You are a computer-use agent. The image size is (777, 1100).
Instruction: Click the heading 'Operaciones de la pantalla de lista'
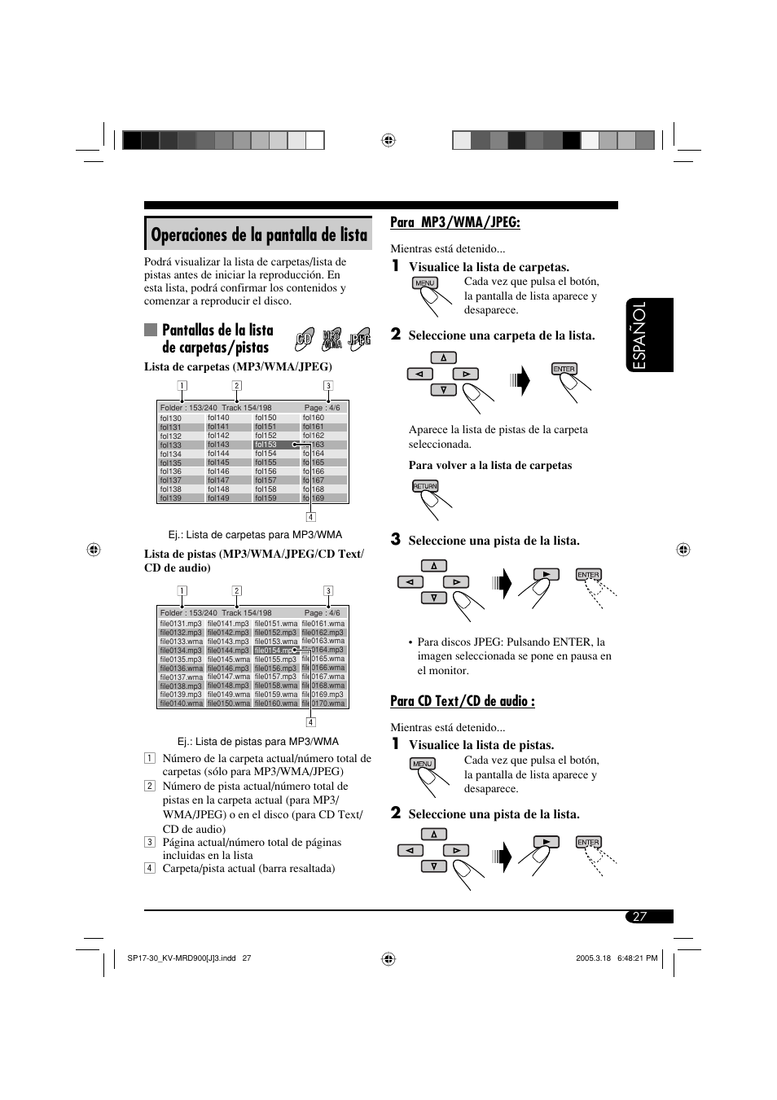tap(259, 235)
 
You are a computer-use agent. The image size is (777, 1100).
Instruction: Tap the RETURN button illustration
tap(425, 486)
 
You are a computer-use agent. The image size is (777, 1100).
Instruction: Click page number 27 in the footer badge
tap(639, 917)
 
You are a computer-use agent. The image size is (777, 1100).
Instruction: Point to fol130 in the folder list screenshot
tap(171, 419)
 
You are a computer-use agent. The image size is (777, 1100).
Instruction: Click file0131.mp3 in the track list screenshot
tap(181, 624)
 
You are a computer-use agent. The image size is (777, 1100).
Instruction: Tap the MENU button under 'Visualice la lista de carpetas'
tap(425, 283)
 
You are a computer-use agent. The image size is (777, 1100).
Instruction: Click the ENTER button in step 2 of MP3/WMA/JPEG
tap(564, 369)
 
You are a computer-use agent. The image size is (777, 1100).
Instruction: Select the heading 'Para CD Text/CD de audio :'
tap(462, 701)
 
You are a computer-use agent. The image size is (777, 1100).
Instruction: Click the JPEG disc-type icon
tap(359, 340)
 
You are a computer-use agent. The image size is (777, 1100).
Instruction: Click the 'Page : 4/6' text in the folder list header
tap(322, 408)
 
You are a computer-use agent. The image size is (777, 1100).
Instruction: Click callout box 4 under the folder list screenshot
tap(310, 516)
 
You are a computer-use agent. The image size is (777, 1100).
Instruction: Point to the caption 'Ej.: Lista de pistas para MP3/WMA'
tap(257, 742)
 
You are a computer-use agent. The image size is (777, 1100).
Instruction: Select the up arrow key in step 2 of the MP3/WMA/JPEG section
tap(443, 357)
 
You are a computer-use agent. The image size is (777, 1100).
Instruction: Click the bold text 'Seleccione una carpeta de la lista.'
tap(501, 335)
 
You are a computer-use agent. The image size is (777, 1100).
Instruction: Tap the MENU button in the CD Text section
tap(422, 764)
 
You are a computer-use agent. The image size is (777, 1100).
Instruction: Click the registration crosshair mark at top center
tap(388, 140)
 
